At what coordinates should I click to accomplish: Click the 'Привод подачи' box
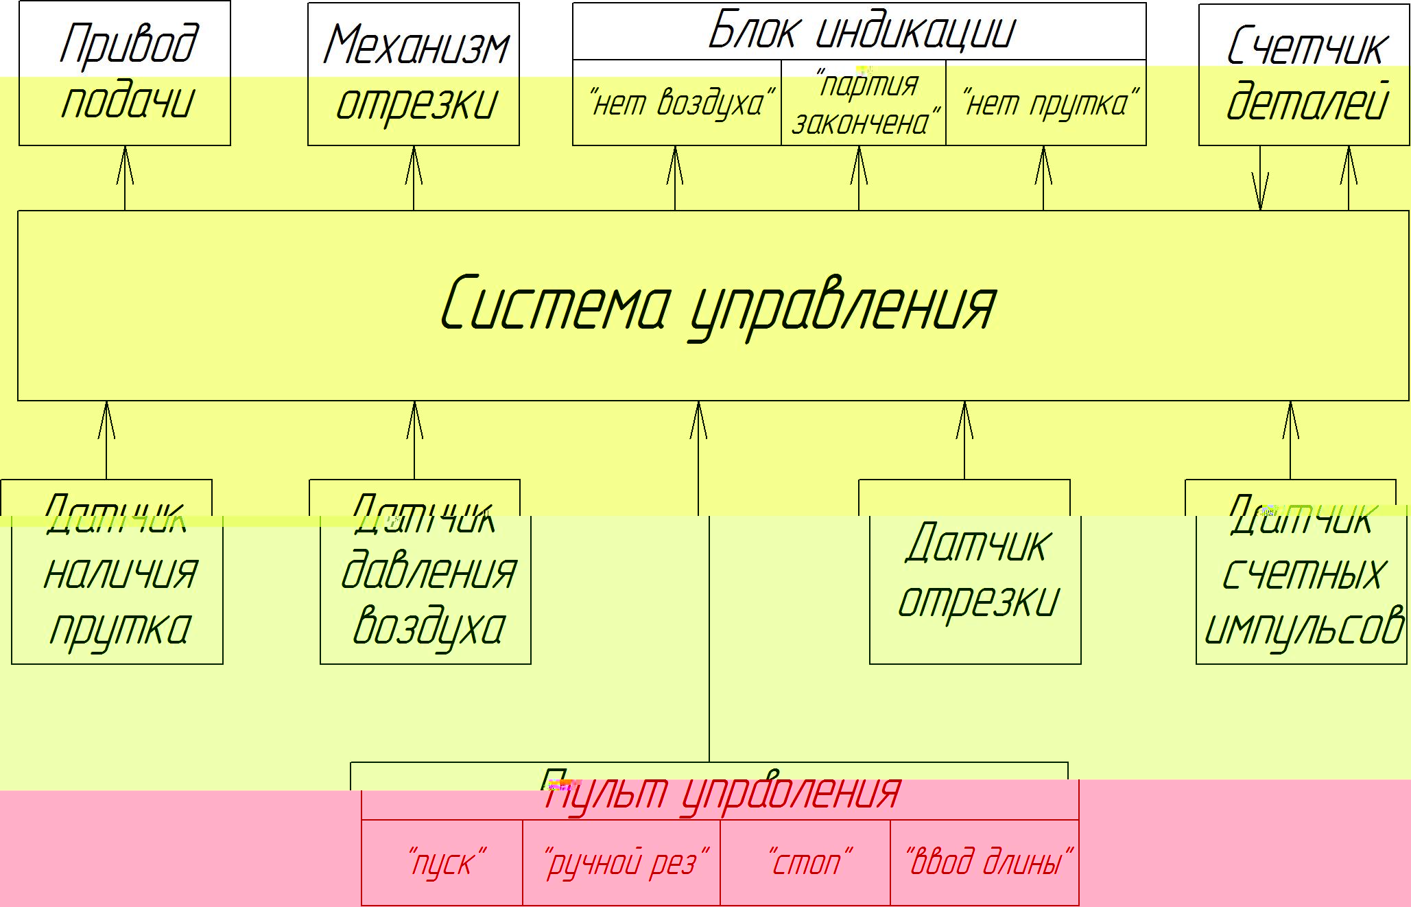(x=125, y=73)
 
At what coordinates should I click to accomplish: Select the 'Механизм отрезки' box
(x=414, y=74)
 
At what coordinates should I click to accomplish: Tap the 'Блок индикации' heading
(x=859, y=32)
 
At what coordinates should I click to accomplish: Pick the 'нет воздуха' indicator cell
(x=677, y=103)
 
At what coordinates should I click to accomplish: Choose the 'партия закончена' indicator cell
(x=864, y=103)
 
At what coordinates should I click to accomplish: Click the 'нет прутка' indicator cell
(x=1046, y=103)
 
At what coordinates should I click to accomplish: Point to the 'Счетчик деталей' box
(x=1304, y=74)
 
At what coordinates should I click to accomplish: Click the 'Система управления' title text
(x=717, y=303)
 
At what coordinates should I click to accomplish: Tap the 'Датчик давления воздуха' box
(x=426, y=576)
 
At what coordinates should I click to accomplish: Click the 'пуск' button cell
(x=442, y=862)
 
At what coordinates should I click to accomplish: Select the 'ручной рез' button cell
(x=621, y=862)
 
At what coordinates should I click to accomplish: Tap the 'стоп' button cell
(x=805, y=862)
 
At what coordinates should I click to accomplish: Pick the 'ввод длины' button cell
(x=985, y=862)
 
